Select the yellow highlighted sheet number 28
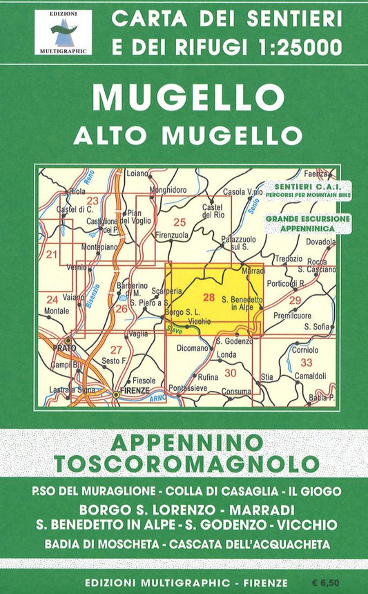210,297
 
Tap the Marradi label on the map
253,271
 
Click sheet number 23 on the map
93,201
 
